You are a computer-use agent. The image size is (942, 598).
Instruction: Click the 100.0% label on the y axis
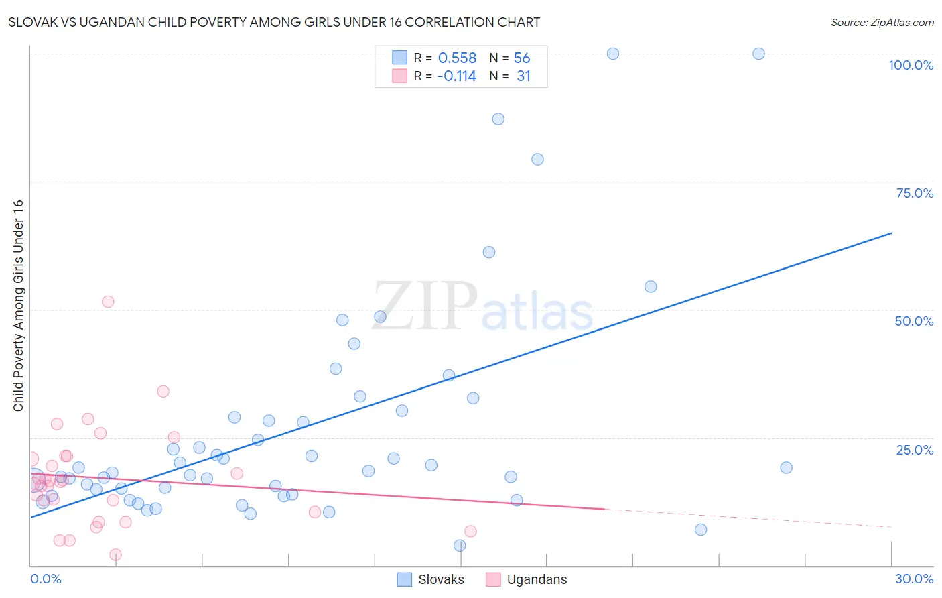(x=911, y=65)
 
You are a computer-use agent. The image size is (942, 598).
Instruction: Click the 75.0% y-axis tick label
(x=915, y=193)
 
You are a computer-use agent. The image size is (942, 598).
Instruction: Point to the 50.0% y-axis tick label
(x=914, y=321)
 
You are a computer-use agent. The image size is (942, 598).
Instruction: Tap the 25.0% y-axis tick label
(x=915, y=450)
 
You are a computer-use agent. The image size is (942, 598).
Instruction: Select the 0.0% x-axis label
(x=46, y=579)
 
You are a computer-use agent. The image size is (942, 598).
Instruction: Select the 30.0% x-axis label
(x=914, y=579)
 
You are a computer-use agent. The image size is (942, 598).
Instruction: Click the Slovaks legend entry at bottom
(x=440, y=580)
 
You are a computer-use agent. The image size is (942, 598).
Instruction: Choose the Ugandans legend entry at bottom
(x=536, y=580)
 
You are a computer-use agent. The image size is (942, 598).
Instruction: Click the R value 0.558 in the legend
(x=457, y=58)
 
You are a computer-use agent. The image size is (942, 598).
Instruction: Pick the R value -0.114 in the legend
(x=456, y=76)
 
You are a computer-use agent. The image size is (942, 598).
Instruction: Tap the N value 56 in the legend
(x=522, y=58)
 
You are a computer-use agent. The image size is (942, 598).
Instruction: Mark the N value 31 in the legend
(x=523, y=76)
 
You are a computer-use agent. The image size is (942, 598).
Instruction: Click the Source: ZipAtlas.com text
(x=882, y=23)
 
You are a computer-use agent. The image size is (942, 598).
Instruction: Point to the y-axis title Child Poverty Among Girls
(x=18, y=306)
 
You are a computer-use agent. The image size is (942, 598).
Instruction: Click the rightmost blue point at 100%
(x=758, y=54)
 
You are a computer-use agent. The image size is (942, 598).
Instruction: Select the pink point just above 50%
(x=108, y=302)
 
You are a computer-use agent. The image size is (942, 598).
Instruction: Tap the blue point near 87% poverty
(x=498, y=119)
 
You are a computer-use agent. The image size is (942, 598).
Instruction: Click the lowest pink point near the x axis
(x=115, y=554)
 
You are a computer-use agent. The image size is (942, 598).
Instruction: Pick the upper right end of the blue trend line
(x=891, y=233)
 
